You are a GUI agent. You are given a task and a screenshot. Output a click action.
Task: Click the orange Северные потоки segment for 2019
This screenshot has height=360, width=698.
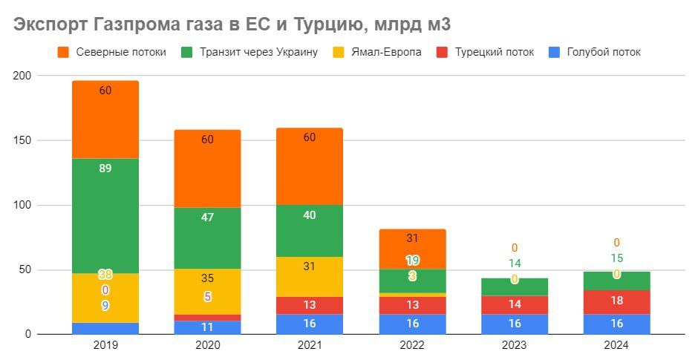(x=105, y=120)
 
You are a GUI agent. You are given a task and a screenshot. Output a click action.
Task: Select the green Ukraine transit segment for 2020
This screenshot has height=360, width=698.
(x=207, y=238)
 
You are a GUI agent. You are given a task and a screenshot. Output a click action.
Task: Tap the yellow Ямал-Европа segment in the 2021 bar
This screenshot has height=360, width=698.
(x=310, y=277)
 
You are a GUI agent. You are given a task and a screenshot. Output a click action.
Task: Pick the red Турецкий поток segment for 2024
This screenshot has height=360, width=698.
(x=616, y=303)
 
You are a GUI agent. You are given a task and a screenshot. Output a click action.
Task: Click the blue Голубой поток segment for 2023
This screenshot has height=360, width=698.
(x=515, y=324)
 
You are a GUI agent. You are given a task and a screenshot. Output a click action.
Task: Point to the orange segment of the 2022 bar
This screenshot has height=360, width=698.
(x=412, y=249)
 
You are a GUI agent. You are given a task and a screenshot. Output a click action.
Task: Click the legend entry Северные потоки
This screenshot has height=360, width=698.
(x=111, y=52)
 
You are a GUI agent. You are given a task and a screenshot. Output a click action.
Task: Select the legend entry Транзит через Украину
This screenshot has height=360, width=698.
(x=249, y=52)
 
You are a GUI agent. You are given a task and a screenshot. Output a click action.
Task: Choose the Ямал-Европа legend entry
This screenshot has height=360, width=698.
(x=377, y=52)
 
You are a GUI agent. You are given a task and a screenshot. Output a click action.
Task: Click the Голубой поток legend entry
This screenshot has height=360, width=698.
(x=595, y=52)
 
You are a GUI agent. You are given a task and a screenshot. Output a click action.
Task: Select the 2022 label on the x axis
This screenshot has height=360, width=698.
(x=412, y=345)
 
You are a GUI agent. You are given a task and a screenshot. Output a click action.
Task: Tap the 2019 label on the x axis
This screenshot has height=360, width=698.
(x=105, y=345)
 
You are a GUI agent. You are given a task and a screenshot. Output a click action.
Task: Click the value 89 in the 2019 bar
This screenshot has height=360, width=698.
(x=105, y=168)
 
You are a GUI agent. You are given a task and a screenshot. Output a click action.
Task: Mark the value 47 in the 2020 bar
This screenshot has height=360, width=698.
(x=207, y=217)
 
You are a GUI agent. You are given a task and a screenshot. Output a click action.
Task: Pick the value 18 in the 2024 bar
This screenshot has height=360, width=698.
(x=617, y=301)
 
